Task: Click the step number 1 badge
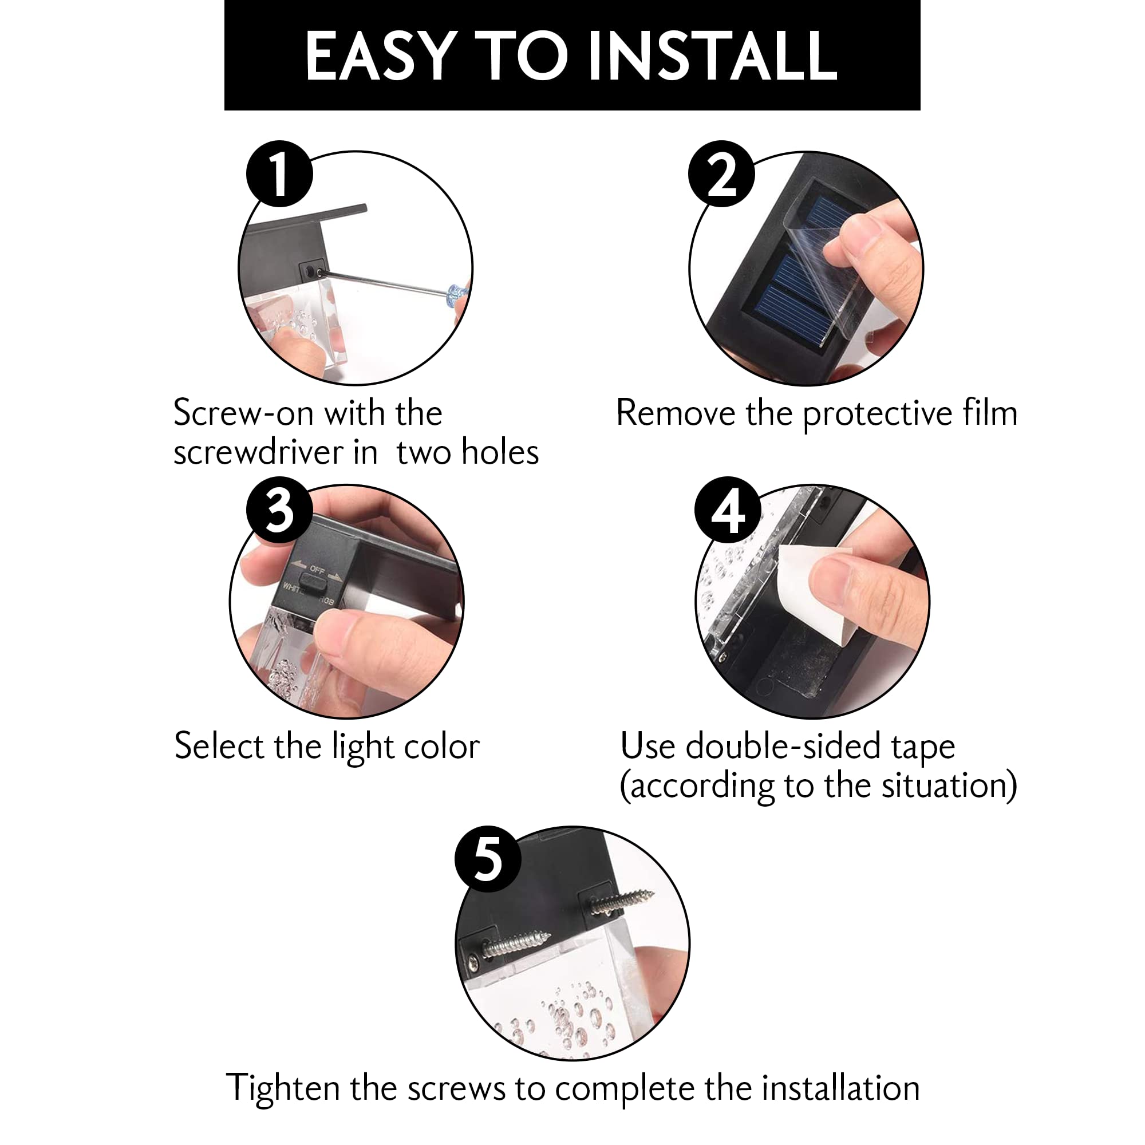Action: pos(280,173)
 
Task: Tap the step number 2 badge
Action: pos(721,173)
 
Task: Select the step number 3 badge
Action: pos(280,511)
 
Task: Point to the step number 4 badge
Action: pos(728,511)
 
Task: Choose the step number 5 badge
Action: pos(488,859)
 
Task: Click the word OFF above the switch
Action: pos(318,570)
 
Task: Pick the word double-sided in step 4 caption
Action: pos(783,747)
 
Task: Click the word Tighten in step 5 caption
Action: pos(284,1089)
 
